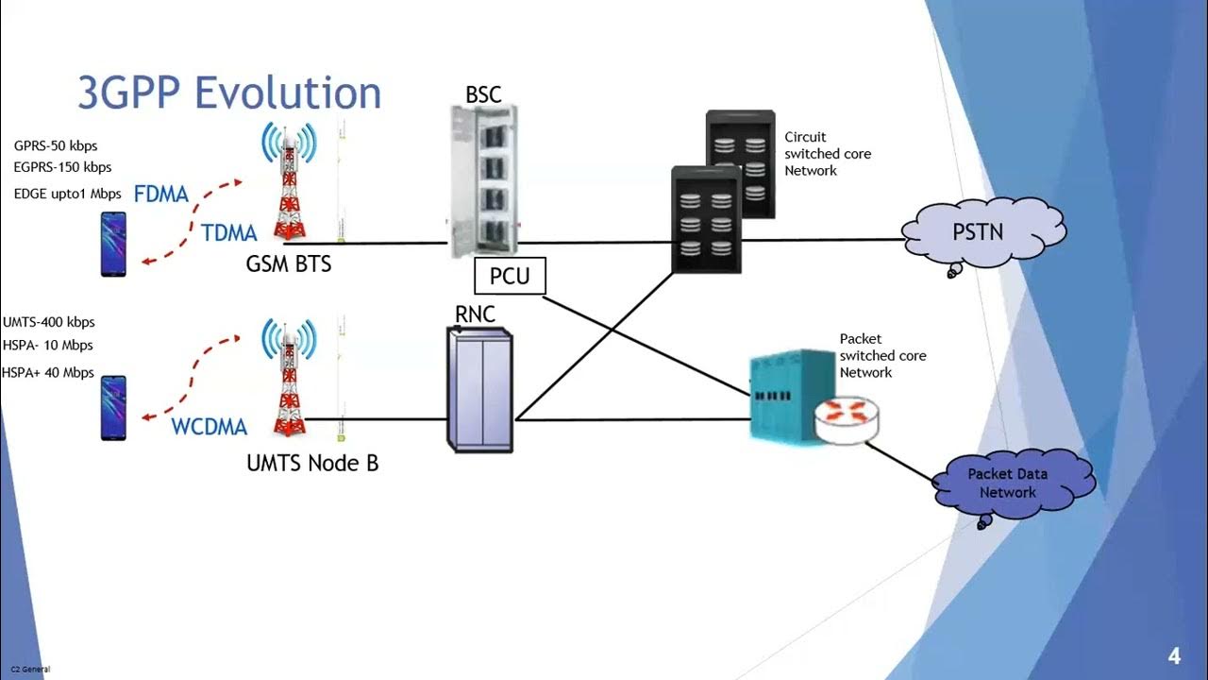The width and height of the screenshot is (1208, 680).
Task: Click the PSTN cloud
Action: [x=981, y=231]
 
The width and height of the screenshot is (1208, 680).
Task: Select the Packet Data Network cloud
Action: [x=1010, y=484]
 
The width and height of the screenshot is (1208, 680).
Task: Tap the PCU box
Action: [x=510, y=277]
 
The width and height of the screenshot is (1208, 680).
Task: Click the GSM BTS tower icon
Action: [x=289, y=184]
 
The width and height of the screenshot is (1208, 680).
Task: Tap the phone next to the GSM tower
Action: [x=113, y=245]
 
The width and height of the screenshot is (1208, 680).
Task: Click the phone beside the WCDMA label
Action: [x=113, y=408]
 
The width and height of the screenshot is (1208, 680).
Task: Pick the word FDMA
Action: [x=161, y=195]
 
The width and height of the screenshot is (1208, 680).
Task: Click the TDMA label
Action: [x=229, y=233]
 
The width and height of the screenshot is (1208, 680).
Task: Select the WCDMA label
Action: [x=209, y=427]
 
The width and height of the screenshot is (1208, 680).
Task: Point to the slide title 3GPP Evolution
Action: [x=229, y=93]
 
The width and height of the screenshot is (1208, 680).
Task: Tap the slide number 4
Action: [x=1174, y=656]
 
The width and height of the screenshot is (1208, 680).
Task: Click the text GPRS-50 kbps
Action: [x=56, y=146]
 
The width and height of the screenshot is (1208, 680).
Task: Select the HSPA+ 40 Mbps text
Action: [x=48, y=372]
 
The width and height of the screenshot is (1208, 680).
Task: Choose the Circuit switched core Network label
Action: [x=827, y=154]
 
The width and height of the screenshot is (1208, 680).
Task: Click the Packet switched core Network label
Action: [x=882, y=355]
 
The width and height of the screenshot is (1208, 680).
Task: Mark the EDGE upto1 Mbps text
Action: [x=67, y=194]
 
